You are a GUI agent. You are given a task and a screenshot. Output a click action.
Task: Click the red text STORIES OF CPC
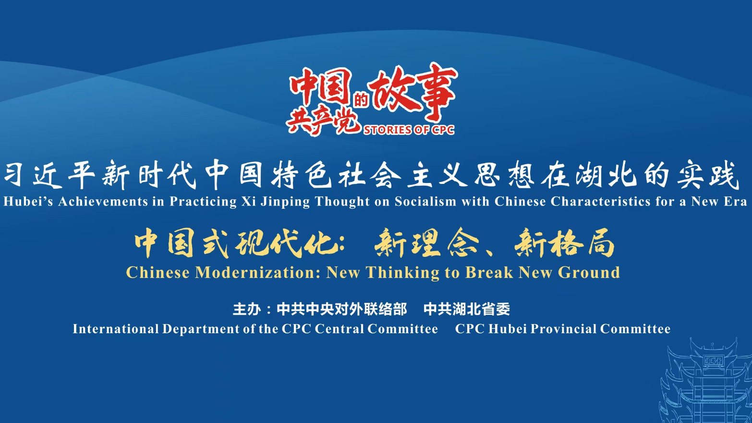(x=409, y=130)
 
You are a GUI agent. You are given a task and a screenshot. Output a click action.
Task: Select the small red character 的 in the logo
(x=361, y=100)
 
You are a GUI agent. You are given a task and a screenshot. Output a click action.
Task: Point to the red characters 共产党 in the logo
(x=323, y=121)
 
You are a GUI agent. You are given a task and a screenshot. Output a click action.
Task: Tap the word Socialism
(x=425, y=202)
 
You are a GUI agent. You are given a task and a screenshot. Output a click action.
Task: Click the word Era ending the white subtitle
(x=736, y=202)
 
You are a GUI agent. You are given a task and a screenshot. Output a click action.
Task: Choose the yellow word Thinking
(x=403, y=273)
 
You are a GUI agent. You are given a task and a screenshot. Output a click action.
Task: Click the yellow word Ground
(x=589, y=273)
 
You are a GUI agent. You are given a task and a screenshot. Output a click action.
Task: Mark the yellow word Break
(x=489, y=272)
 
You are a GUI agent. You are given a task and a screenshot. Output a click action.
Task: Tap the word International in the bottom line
(x=116, y=329)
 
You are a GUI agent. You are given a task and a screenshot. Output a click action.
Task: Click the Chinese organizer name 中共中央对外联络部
(x=342, y=309)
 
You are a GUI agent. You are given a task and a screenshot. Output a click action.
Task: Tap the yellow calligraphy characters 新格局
(x=564, y=243)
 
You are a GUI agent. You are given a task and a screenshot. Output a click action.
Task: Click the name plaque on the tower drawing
(x=714, y=361)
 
